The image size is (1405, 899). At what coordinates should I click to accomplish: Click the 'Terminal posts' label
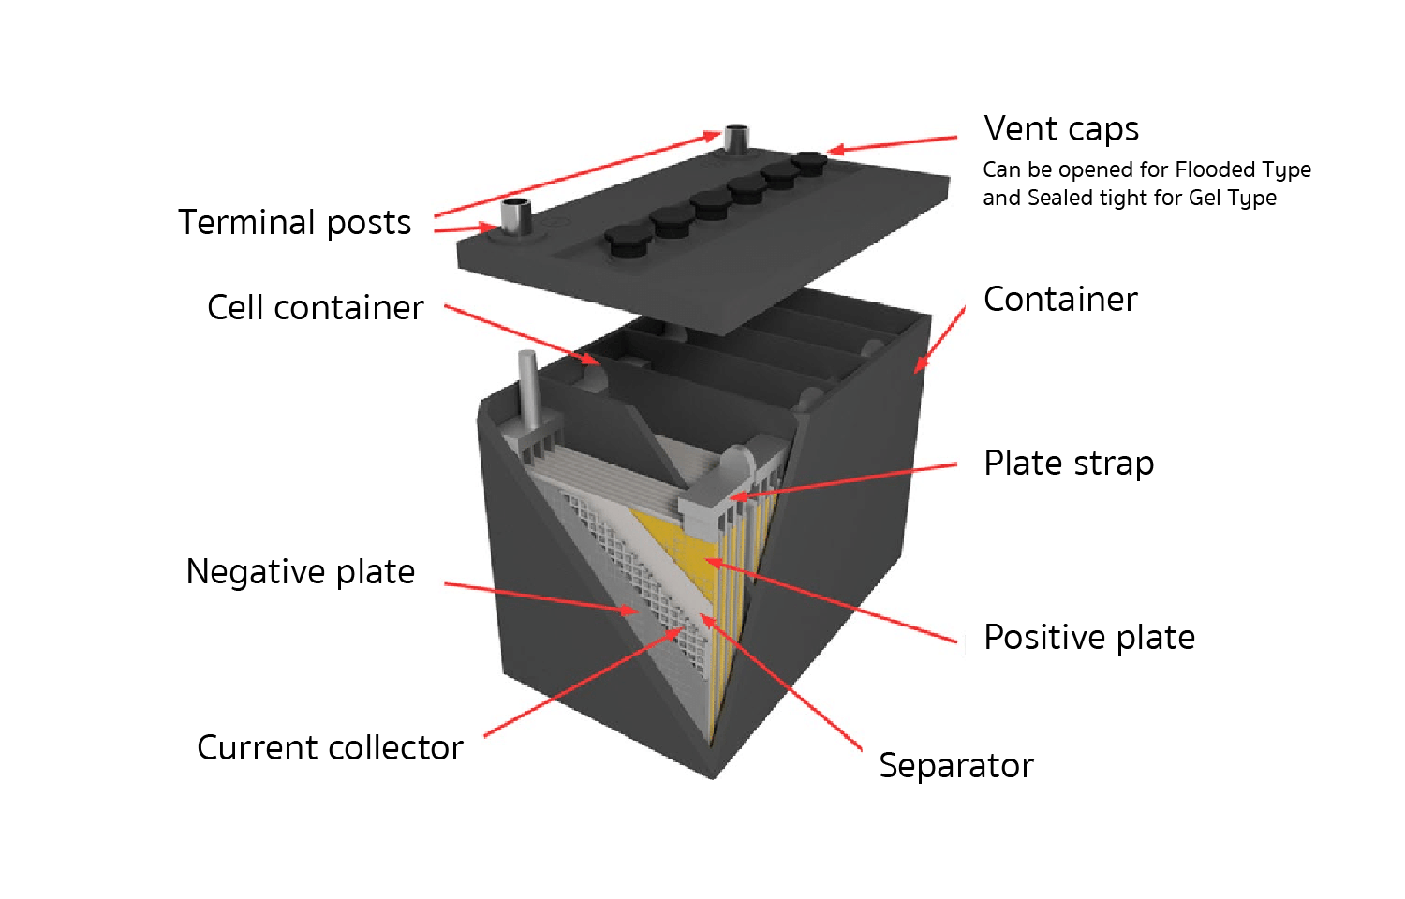coord(294,223)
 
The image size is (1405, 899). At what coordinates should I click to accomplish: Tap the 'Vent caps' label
coord(1061,128)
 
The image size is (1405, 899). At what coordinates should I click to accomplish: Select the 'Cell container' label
coord(315,307)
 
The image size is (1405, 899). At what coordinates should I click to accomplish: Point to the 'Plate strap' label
coord(1069,464)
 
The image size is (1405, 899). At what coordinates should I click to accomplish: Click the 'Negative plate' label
coord(300,571)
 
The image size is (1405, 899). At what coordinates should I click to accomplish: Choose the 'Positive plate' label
coord(1089,638)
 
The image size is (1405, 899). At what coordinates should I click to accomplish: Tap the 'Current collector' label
coord(330,747)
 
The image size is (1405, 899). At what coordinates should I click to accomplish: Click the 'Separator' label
coord(955,765)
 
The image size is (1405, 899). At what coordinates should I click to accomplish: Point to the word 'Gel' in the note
coord(1205,198)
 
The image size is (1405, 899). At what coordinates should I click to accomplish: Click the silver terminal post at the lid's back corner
coord(737,139)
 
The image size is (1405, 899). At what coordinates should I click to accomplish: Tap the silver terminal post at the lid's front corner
coord(514,217)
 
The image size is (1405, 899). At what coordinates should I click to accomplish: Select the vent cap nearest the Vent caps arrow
coord(808,162)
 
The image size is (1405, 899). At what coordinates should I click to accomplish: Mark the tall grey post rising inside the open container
coord(528,389)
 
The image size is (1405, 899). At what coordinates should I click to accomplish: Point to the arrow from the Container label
coord(939,340)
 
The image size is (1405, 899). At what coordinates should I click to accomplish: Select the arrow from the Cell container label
coord(520,333)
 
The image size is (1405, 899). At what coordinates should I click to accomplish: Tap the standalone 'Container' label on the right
coord(1060,300)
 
